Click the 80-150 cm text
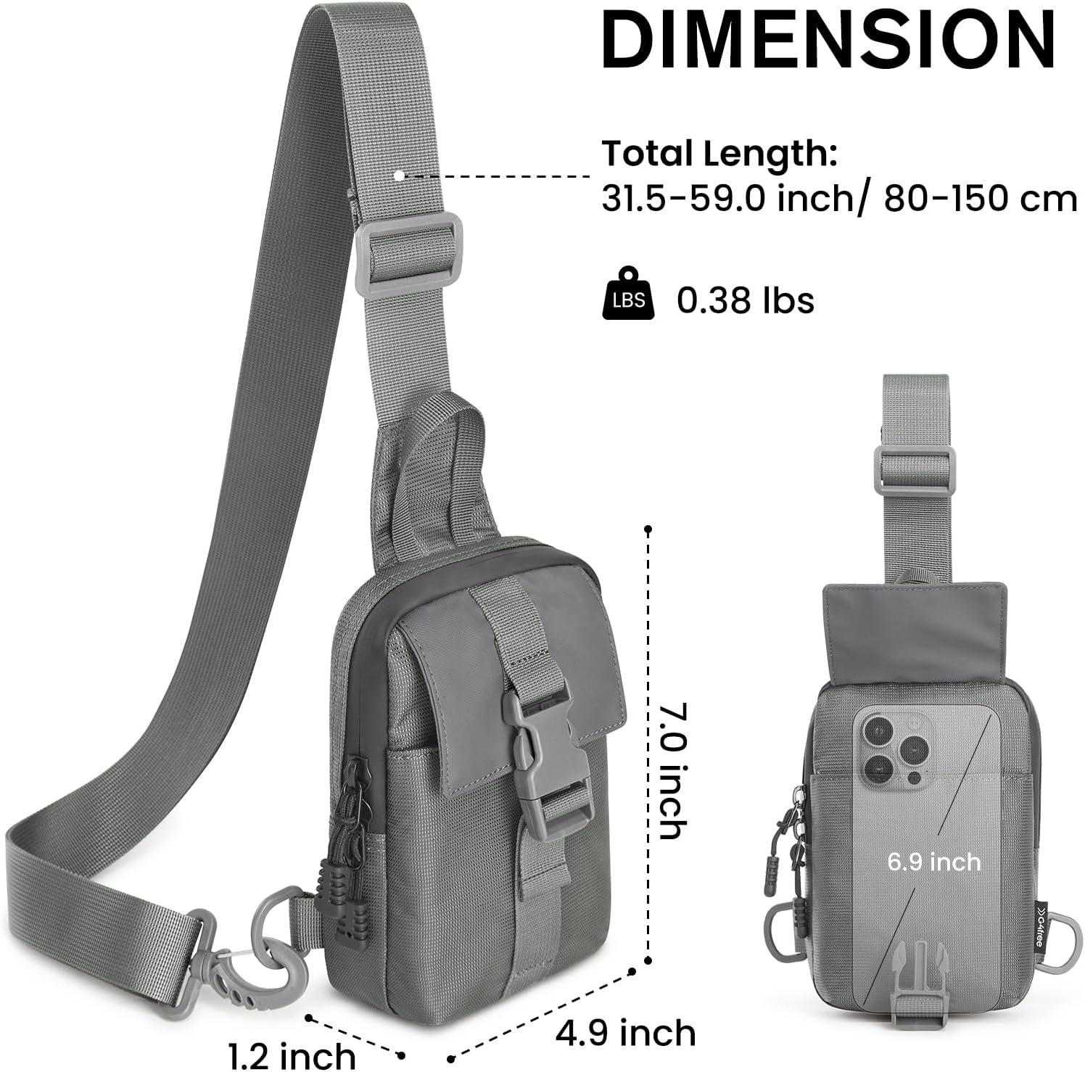[x=980, y=198]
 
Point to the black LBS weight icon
[x=628, y=294]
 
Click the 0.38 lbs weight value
[x=746, y=300]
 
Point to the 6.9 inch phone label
[x=934, y=862]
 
